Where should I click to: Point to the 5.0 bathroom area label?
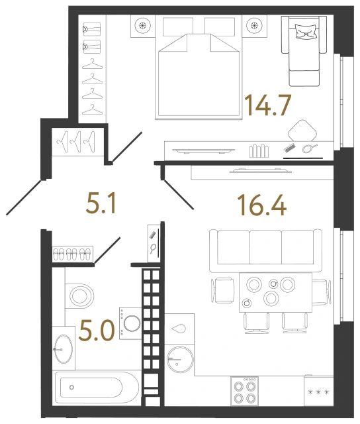(x=94, y=329)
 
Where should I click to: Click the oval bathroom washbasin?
(x=64, y=347)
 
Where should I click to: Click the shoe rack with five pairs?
(x=71, y=252)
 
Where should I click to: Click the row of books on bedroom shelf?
(x=261, y=150)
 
